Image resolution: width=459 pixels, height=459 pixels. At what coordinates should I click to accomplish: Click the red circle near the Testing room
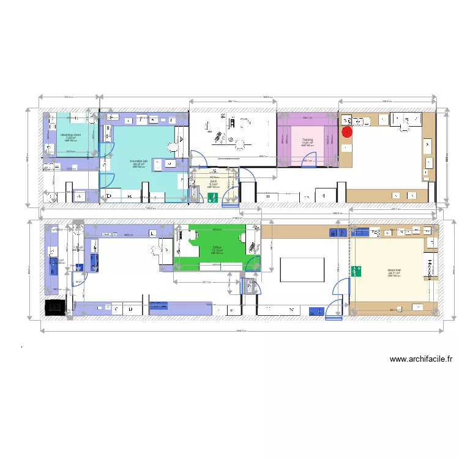click(x=347, y=130)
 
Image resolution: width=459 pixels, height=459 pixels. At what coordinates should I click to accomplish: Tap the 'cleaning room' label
click(x=70, y=135)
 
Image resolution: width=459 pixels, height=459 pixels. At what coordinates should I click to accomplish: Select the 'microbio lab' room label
click(x=139, y=162)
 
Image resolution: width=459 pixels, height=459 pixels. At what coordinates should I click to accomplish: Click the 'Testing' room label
click(x=307, y=140)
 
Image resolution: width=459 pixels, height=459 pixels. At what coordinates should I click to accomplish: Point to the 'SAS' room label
click(x=214, y=181)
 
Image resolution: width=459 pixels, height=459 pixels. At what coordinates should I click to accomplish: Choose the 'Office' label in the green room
click(x=217, y=247)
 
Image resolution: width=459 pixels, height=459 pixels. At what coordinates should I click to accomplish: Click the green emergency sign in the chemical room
click(x=357, y=271)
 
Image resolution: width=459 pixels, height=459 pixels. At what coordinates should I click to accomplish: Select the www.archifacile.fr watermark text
click(x=421, y=360)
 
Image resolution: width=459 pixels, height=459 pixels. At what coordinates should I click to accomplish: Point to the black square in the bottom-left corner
click(x=54, y=307)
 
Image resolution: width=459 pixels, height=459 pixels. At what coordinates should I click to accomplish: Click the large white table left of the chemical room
click(x=302, y=269)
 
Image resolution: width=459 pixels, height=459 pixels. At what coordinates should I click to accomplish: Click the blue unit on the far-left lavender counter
click(x=52, y=267)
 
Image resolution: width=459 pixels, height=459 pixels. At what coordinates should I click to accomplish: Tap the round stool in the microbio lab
click(x=173, y=147)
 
